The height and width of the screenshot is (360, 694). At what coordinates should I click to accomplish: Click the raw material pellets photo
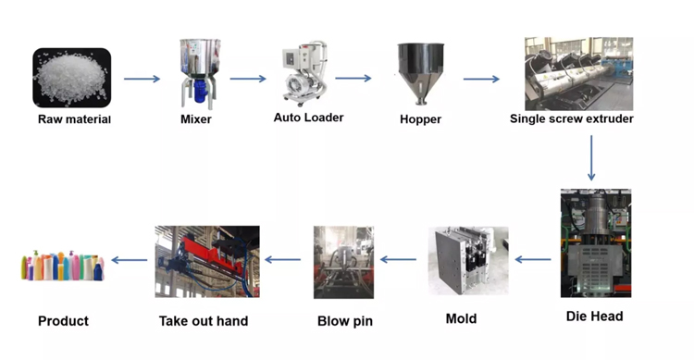click(x=72, y=78)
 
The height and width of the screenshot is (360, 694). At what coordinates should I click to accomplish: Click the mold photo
click(x=467, y=261)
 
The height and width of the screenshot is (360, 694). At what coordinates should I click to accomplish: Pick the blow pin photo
click(x=343, y=262)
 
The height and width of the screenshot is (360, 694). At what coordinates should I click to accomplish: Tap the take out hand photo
click(x=206, y=261)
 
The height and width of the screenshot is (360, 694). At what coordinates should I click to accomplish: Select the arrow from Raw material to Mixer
click(x=142, y=80)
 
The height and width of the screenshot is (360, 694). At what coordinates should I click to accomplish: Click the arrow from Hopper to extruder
click(x=481, y=80)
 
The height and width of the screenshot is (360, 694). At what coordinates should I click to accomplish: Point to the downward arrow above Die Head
click(x=591, y=157)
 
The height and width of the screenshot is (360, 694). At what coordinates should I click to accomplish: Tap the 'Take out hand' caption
click(x=204, y=321)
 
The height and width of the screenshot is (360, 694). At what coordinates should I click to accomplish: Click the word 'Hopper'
click(x=420, y=119)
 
